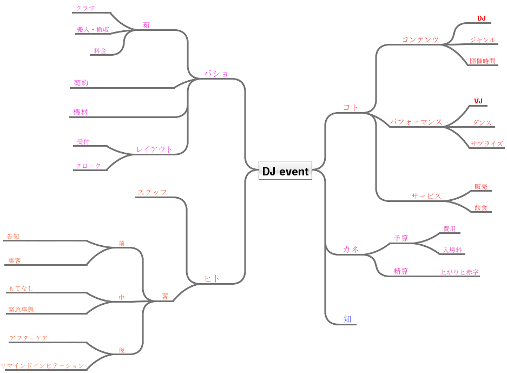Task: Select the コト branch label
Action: pos(351,107)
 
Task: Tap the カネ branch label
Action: pos(351,248)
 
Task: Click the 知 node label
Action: pos(347,319)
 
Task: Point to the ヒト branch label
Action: pos(212,278)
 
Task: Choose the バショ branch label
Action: pos(216,73)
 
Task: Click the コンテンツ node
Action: pos(420,40)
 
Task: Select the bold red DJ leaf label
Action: pos(481,18)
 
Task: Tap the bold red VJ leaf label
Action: pos(478,101)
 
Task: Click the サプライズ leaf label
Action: pos(487,143)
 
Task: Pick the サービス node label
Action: pos(426,196)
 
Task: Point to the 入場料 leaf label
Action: pos(452,250)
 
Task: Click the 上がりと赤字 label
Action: pos(459,272)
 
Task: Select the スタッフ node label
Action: pos(152,192)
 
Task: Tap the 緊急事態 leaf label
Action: pos(21,309)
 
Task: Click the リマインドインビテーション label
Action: pos(43,365)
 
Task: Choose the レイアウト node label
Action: pos(154,149)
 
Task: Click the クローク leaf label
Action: pos(89,166)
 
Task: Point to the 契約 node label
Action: pos(81,83)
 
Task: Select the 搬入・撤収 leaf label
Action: pos(93,30)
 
